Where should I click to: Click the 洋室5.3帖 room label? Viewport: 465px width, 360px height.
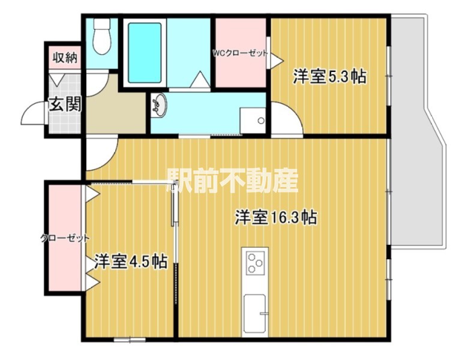point(329,77)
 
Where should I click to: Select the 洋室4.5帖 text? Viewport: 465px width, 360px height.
point(130,262)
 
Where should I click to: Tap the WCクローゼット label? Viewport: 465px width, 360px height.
point(240,53)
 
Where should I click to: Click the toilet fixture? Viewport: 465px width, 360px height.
point(103,37)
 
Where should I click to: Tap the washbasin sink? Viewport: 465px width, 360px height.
point(160,106)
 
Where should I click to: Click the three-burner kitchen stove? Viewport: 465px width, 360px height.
point(257,263)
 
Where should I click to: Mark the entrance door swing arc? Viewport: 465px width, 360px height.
point(33,112)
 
